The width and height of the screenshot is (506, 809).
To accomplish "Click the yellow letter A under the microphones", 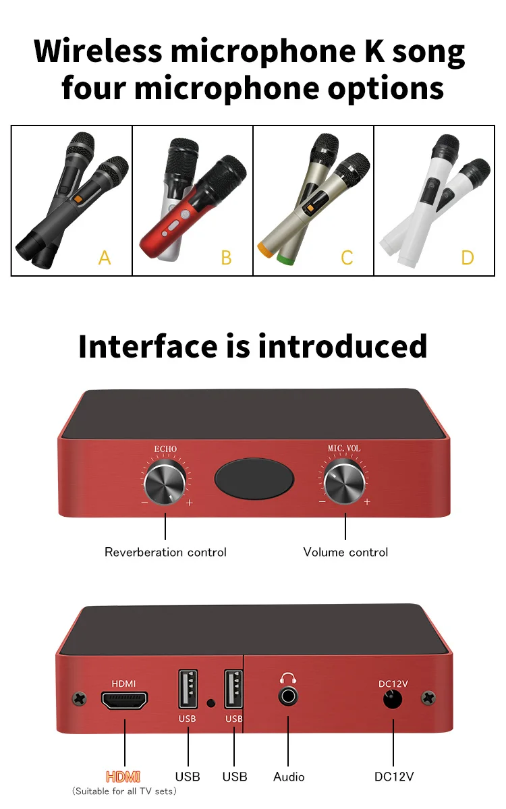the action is click(105, 257).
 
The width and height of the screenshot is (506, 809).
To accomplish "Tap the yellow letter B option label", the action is click(226, 258).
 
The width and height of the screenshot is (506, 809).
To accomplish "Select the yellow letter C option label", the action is click(347, 258).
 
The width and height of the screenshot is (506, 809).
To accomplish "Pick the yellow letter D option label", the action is click(468, 258).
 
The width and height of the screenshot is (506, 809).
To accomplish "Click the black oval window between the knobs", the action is click(254, 478).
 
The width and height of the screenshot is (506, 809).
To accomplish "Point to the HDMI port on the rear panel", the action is click(124, 700).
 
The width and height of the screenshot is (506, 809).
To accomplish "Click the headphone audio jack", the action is click(288, 696).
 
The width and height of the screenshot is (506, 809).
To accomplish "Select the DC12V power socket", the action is click(393, 699).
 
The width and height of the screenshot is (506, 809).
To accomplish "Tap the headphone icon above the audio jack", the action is click(288, 678).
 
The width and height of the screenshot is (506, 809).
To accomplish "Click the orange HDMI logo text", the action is click(123, 777).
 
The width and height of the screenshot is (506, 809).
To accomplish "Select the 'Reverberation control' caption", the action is click(165, 552).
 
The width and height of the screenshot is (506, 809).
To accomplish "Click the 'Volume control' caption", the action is click(345, 552).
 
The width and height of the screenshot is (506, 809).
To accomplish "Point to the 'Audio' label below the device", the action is click(289, 777).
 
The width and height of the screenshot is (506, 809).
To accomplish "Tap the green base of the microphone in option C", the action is click(285, 256).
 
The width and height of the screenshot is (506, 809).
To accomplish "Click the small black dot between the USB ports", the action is click(210, 702).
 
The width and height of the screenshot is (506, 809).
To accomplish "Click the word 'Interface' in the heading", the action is click(148, 346).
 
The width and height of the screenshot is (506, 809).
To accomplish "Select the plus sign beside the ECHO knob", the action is click(190, 503).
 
